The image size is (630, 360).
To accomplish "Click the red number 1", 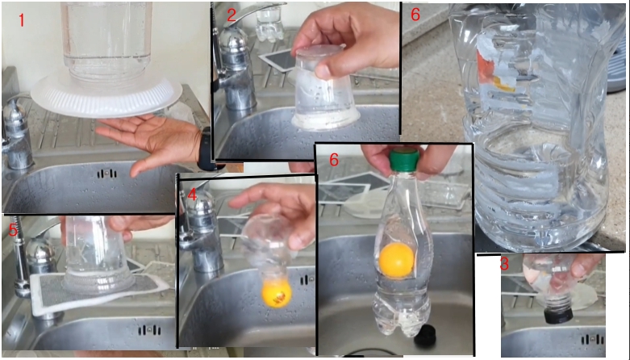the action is [x=21, y=20].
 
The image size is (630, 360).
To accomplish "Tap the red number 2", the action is [x=231, y=15].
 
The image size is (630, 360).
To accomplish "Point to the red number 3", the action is [x=504, y=264].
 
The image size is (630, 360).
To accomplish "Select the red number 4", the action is [x=192, y=195].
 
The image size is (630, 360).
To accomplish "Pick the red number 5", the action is [x=13, y=231].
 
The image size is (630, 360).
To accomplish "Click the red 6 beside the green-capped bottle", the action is [x=334, y=160].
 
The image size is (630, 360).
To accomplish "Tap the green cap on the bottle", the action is [x=404, y=160].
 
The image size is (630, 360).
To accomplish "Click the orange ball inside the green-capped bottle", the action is [x=397, y=261].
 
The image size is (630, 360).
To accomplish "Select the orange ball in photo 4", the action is [x=276, y=294].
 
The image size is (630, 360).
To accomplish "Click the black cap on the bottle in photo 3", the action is [x=558, y=315].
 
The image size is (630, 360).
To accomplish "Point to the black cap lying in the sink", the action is [x=425, y=336].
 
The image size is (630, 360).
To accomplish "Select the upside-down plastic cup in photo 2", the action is [x=324, y=88].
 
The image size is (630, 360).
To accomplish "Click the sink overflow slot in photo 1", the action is [x=106, y=174].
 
